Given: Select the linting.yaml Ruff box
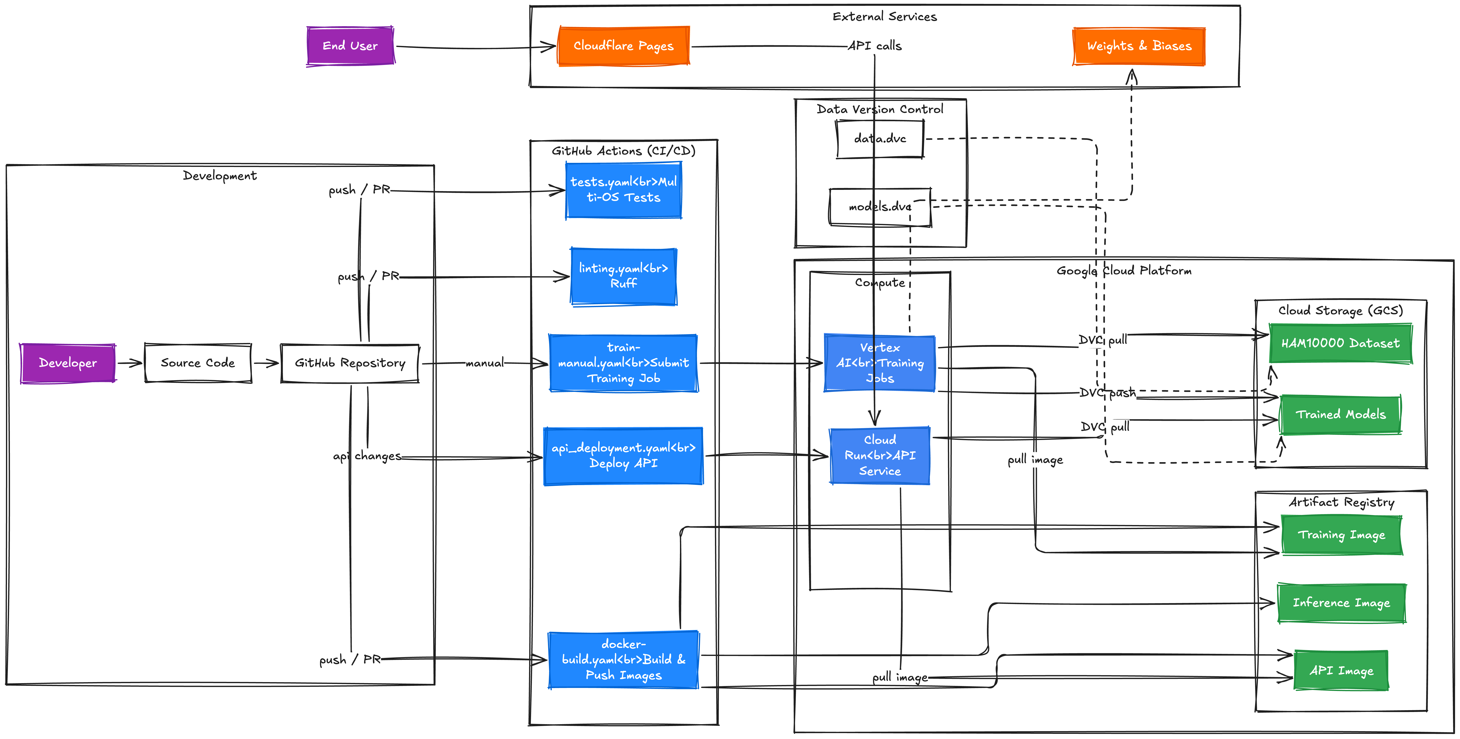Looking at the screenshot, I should pos(624,276).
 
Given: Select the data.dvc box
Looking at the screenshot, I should pos(880,138).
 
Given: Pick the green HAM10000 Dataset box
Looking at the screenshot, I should pos(1340,343).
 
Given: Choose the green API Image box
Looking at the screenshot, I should pos(1341,670).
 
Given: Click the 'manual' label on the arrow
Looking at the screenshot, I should pos(485,363).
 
